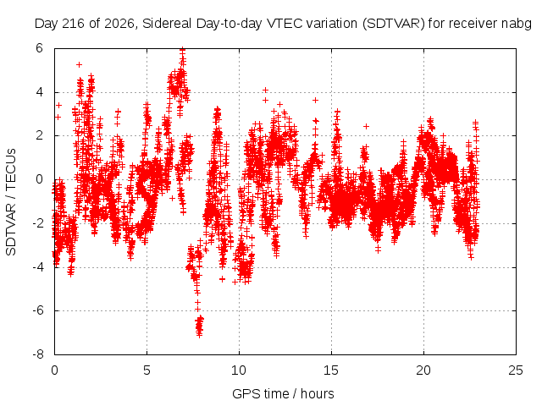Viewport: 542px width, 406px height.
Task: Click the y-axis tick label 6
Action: pyautogui.click(x=39, y=48)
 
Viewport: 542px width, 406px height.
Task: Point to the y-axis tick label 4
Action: pyautogui.click(x=39, y=92)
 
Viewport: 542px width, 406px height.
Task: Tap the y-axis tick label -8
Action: pyautogui.click(x=38, y=354)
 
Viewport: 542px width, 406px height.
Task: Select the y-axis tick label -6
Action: pyautogui.click(x=38, y=310)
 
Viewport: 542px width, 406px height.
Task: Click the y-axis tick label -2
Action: pyautogui.click(x=38, y=223)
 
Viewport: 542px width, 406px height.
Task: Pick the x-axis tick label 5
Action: pyautogui.click(x=147, y=370)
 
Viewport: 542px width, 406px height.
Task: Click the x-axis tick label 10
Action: pyautogui.click(x=239, y=370)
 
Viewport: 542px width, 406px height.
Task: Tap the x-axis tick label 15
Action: pyautogui.click(x=331, y=370)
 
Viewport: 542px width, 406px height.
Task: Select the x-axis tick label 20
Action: pyautogui.click(x=423, y=370)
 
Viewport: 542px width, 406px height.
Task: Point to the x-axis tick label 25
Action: pyautogui.click(x=516, y=370)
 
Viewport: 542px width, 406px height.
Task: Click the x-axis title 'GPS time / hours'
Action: pyautogui.click(x=283, y=394)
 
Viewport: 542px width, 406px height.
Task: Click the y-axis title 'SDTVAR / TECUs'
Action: pyautogui.click(x=11, y=202)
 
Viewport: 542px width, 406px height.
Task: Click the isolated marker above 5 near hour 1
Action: pyautogui.click(x=79, y=64)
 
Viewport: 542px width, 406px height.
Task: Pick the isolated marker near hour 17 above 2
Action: pyautogui.click(x=366, y=126)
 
